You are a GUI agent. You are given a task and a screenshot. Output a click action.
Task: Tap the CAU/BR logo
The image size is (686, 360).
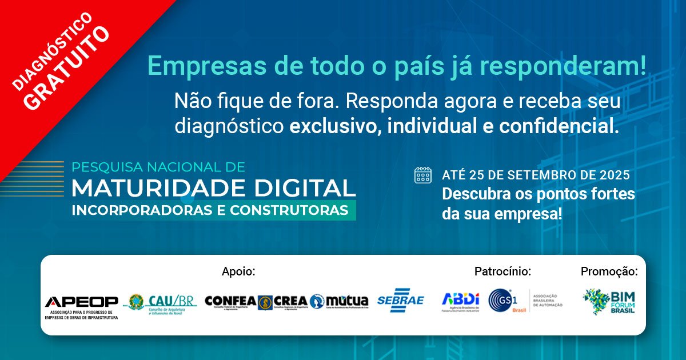162,303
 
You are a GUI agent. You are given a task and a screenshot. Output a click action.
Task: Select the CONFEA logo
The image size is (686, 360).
230,302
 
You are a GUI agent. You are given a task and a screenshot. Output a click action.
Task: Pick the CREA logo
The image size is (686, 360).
282,302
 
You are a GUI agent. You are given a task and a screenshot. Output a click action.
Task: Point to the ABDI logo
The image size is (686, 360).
460,301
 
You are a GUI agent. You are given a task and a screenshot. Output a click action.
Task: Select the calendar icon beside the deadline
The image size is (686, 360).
423,175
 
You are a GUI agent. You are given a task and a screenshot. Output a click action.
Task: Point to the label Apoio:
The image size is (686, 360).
238,271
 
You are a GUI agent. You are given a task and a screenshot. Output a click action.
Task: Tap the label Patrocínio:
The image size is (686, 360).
502,271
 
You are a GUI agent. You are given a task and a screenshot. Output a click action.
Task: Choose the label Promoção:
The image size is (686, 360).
609,271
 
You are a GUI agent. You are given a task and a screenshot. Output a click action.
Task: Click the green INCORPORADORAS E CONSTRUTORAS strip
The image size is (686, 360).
210,210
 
